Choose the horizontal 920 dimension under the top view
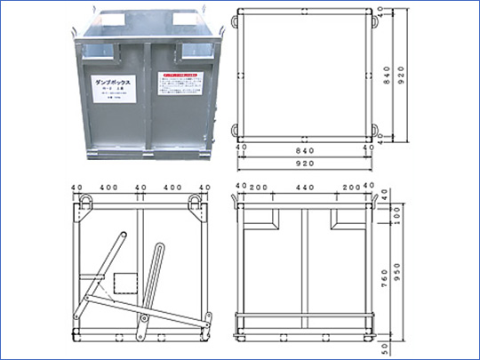click(305, 164)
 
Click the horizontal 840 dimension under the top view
click(305, 151)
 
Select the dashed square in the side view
click(125, 283)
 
